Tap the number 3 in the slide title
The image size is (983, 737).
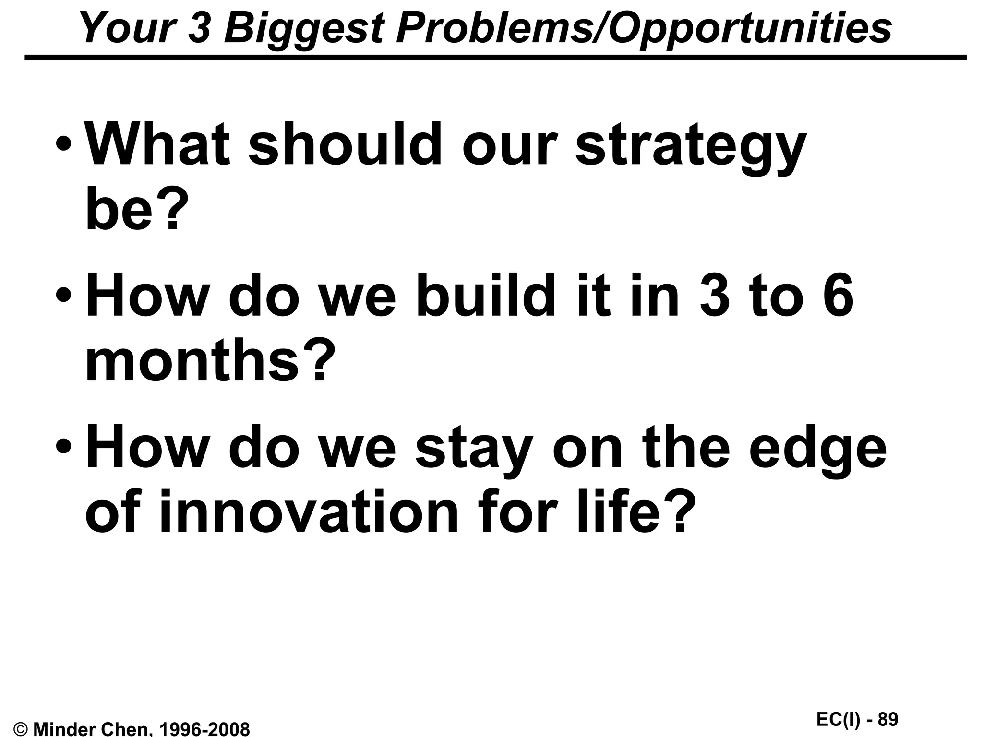tap(198, 28)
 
